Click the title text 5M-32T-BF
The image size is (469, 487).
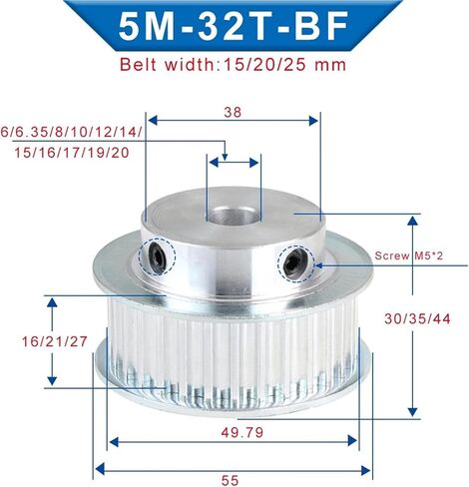(234, 26)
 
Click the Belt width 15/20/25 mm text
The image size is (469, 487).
(233, 64)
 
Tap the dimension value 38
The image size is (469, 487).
(233, 112)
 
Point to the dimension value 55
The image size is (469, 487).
(231, 480)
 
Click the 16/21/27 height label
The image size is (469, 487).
(55, 341)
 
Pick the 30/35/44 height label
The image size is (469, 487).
(417, 319)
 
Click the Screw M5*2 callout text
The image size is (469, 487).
(409, 255)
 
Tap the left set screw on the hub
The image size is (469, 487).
(158, 257)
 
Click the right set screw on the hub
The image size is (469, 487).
(294, 264)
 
